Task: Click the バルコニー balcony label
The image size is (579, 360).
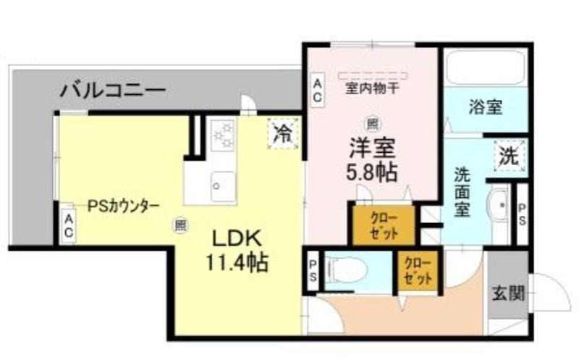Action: point(113,90)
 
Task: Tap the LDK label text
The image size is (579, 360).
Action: point(237,238)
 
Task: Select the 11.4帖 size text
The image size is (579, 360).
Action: point(237,262)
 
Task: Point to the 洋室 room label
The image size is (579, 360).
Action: point(372,148)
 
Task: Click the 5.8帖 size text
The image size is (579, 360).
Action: point(371,171)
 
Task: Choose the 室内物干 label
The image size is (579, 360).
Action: point(372,88)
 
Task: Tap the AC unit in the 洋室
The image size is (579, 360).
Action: point(317,91)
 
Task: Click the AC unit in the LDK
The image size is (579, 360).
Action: point(69,226)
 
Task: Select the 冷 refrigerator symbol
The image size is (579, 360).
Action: point(283,133)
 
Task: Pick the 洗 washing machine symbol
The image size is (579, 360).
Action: point(510,156)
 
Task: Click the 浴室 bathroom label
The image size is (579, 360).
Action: point(485,107)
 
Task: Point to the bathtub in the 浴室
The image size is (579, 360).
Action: point(486,68)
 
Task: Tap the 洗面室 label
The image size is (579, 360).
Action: point(462,192)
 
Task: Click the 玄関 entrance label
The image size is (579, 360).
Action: point(509,294)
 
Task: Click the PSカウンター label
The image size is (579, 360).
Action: point(123,206)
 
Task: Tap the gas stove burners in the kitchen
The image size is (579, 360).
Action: point(223,134)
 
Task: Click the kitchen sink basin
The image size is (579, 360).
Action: point(223,186)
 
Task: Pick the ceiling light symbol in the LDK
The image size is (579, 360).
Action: point(180,225)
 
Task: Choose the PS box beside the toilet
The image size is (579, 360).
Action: point(313,271)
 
